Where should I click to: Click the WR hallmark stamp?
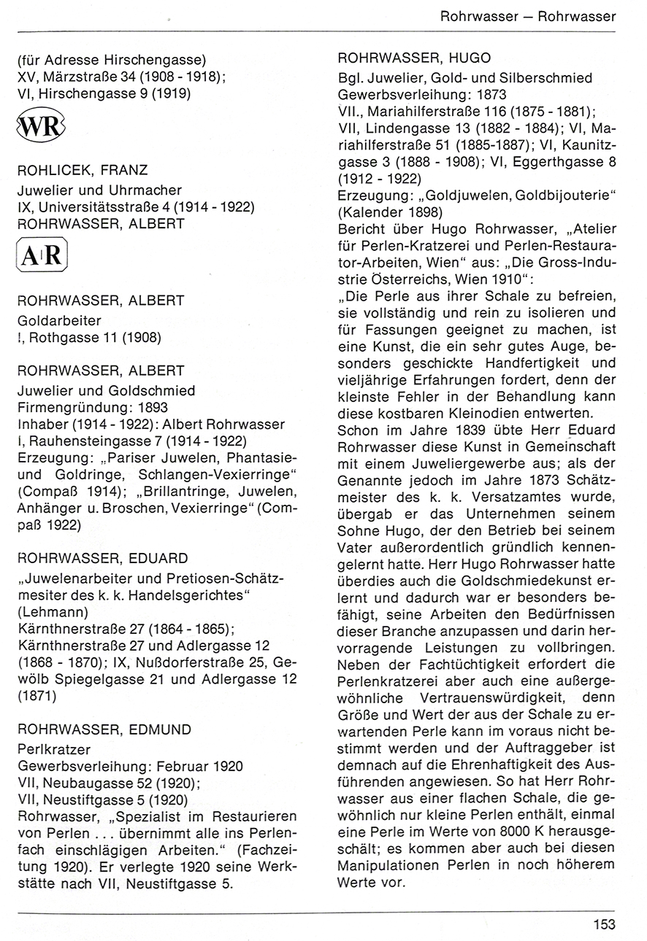(41, 127)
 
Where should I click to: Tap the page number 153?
(603, 925)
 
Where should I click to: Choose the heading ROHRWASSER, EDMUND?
(105, 729)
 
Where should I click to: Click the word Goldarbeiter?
(59, 320)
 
